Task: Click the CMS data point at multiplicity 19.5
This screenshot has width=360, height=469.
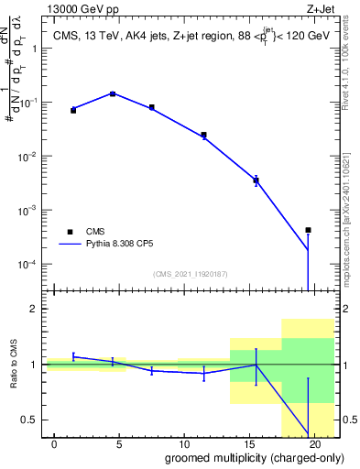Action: point(309,230)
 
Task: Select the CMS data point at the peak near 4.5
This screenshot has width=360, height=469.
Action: point(113,93)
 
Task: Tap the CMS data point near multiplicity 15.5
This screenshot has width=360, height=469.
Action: point(256,180)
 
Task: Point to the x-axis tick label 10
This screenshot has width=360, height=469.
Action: point(184,444)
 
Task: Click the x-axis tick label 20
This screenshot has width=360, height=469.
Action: point(313,444)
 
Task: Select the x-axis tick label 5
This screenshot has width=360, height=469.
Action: point(119,444)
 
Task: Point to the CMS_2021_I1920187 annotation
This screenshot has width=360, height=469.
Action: point(190,273)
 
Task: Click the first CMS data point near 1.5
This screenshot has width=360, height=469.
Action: point(73,109)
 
